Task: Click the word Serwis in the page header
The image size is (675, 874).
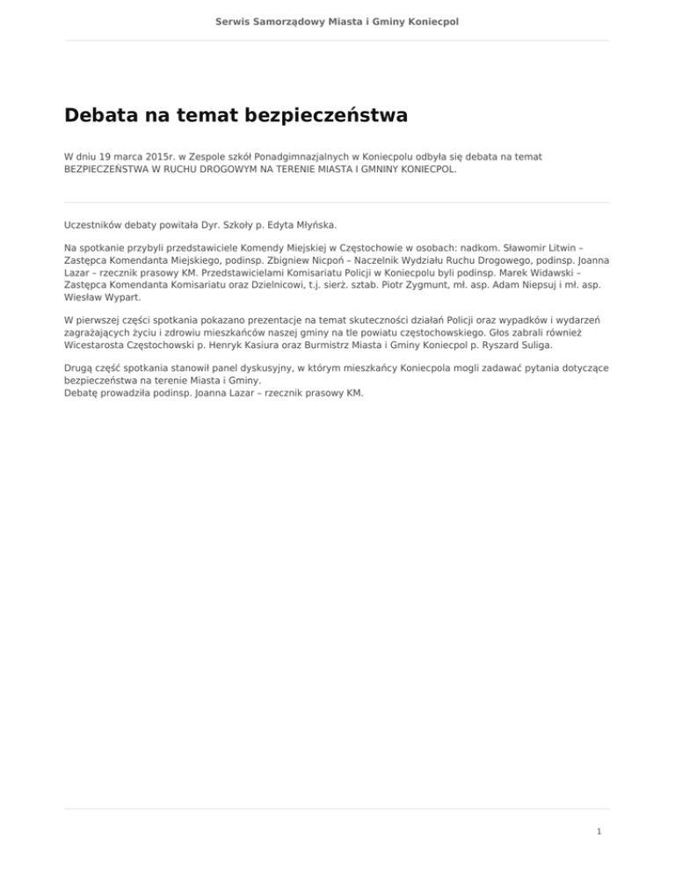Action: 234,19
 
